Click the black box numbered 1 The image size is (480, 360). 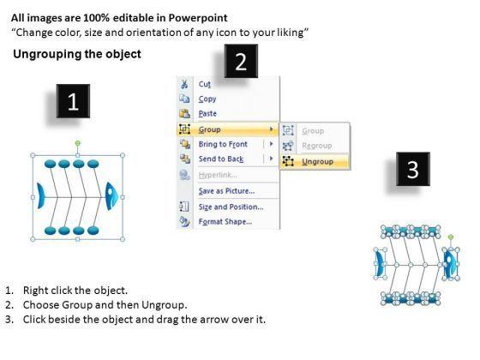click(73, 101)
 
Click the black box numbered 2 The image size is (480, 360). click(241, 61)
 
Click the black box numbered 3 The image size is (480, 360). click(413, 169)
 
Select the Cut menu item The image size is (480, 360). click(205, 84)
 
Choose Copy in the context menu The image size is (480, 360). click(207, 99)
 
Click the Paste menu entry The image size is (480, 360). click(207, 113)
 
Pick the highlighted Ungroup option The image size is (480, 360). click(317, 161)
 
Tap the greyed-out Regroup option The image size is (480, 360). click(317, 146)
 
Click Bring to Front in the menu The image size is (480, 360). click(223, 144)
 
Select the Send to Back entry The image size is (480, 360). click(221, 159)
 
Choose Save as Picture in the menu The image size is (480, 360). click(226, 191)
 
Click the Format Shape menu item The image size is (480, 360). click(225, 221)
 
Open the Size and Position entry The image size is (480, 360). click(231, 207)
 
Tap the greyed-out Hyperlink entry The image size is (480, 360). click(218, 175)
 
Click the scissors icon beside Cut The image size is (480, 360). click(184, 84)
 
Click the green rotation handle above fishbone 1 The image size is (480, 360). click(78, 143)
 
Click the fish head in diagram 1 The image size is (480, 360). click(111, 196)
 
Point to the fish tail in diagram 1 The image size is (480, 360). click(41, 196)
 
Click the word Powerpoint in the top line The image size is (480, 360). click(198, 18)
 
